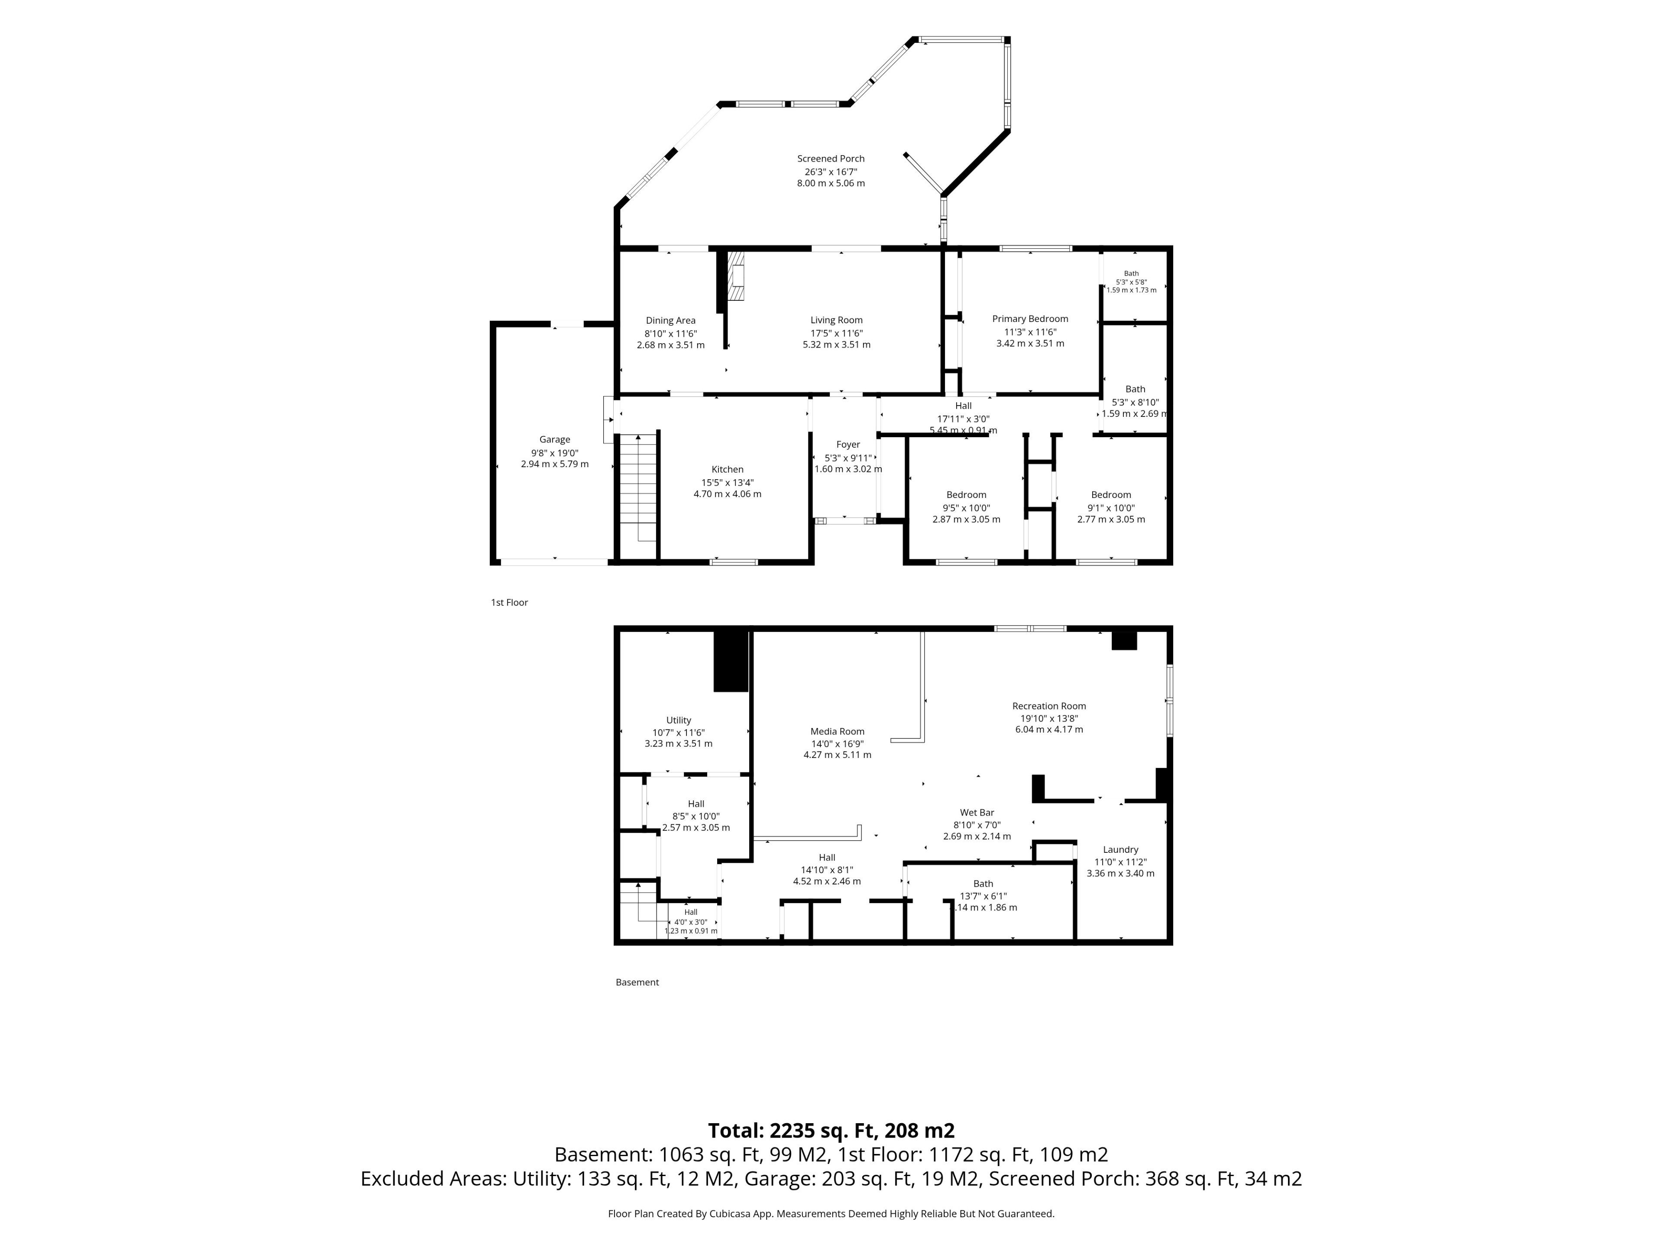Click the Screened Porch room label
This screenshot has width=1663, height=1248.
tap(831, 159)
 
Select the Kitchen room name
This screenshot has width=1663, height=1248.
tap(727, 469)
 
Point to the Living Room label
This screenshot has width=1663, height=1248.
tap(836, 321)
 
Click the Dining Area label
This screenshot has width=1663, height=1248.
tap(670, 321)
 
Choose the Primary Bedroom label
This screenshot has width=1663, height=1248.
tap(1030, 319)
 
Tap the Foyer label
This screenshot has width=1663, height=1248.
tap(848, 445)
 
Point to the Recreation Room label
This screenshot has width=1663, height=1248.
tap(1049, 706)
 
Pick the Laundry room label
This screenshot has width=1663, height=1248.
tap(1120, 850)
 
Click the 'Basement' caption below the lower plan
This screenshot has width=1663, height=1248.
tap(637, 982)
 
